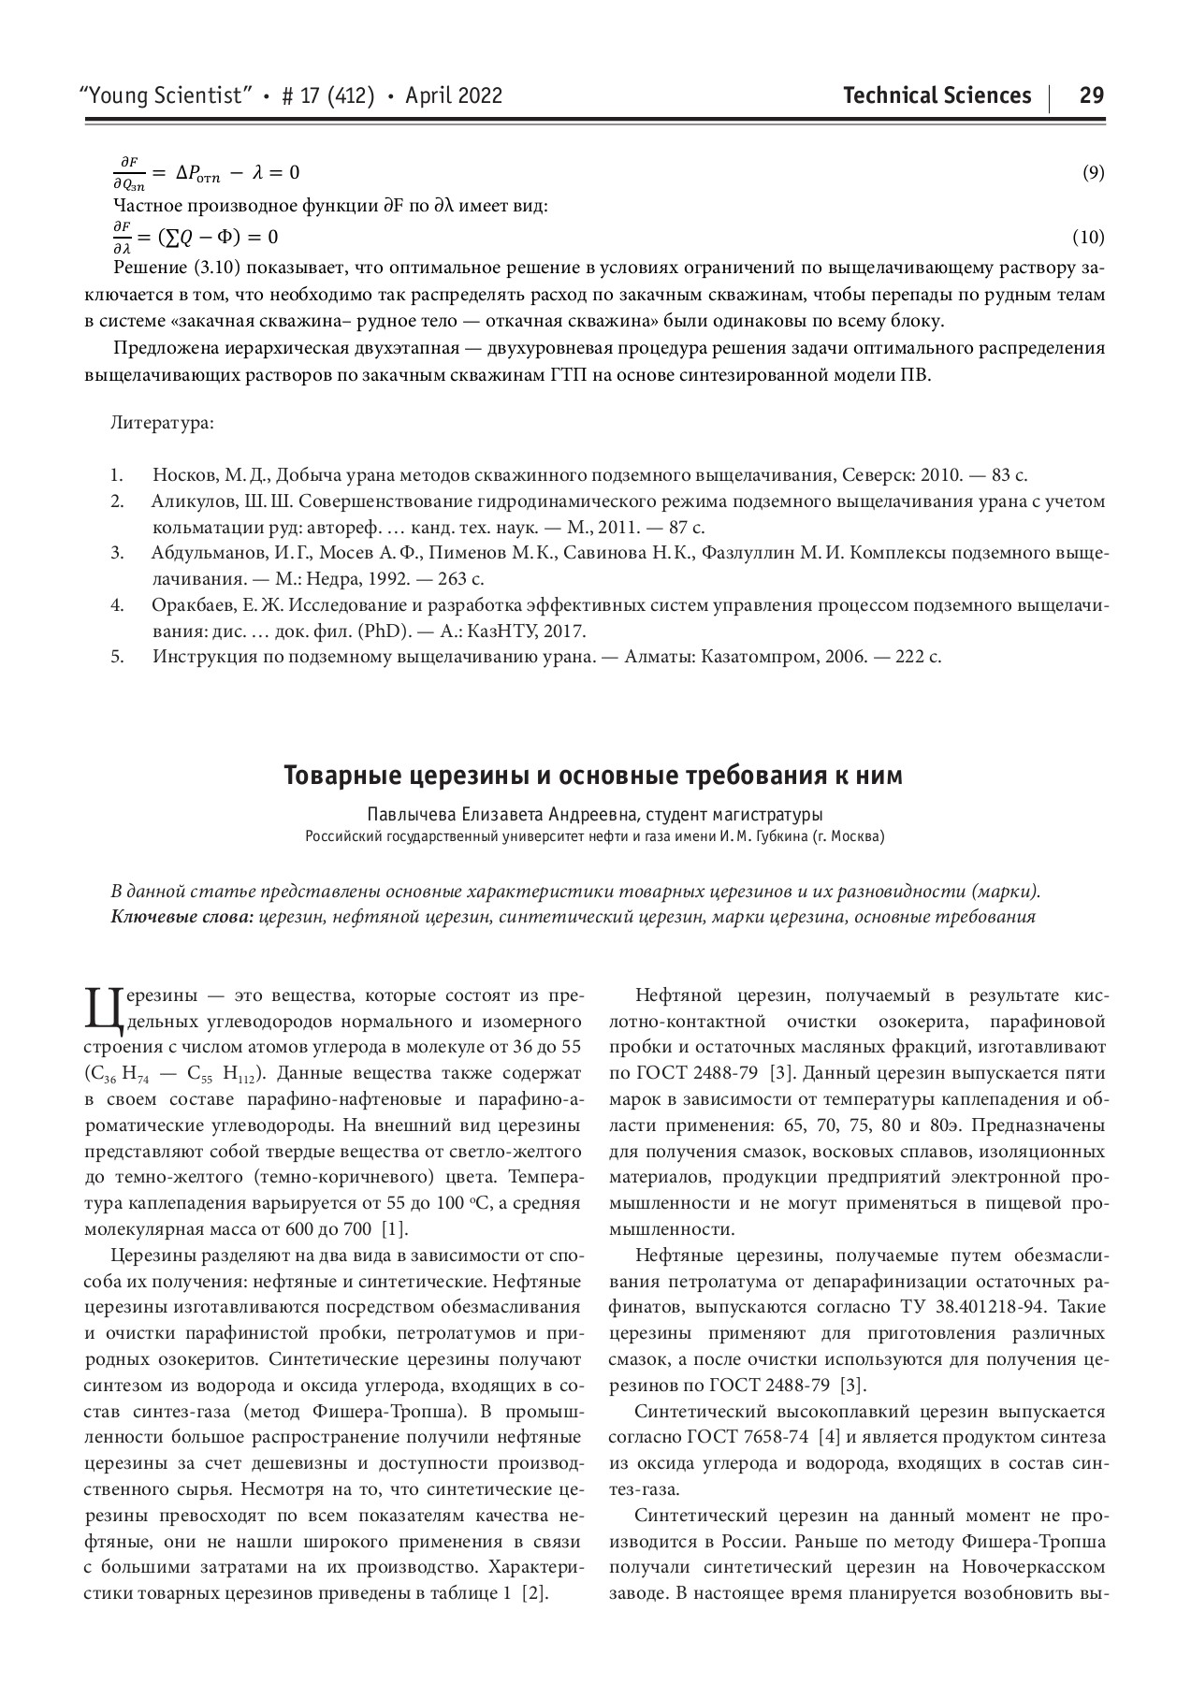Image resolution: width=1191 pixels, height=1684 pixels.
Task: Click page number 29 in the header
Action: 1091,95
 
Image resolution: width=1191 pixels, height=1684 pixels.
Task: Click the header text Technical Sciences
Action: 937,95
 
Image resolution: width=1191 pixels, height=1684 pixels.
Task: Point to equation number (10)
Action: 1088,237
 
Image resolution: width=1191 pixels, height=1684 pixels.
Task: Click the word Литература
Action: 162,423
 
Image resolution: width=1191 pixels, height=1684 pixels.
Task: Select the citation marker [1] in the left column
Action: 395,1228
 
